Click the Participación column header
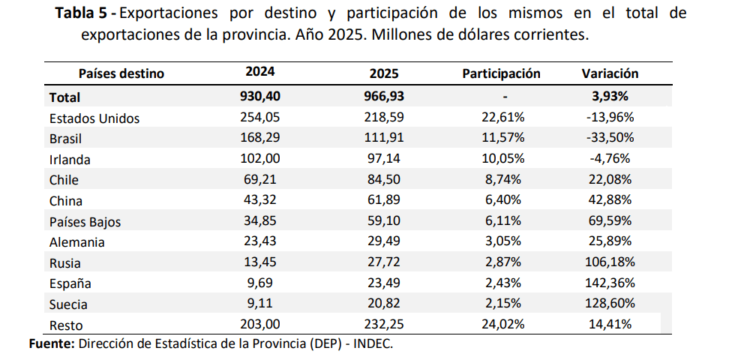pyautogui.click(x=501, y=73)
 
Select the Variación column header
pyautogui.click(x=610, y=73)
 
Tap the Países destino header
pyautogui.click(x=121, y=73)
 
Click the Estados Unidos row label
pyautogui.click(x=94, y=118)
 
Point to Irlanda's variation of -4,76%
pyautogui.click(x=610, y=159)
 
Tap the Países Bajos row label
pyautogui.click(x=85, y=222)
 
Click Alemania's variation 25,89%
pyautogui.click(x=610, y=241)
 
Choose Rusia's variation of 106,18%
pyautogui.click(x=610, y=262)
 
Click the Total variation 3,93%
pyautogui.click(x=610, y=96)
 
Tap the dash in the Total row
pyautogui.click(x=505, y=97)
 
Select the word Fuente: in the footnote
pyautogui.click(x=52, y=343)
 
